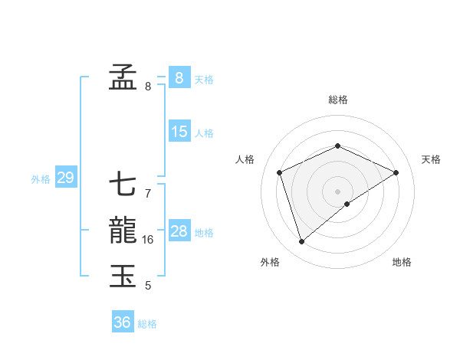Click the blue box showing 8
point(179,77)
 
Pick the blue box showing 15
point(179,132)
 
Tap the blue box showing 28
point(179,231)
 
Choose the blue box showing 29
point(65,178)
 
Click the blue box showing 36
point(122,322)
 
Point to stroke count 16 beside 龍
point(148,240)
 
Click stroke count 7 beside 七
point(147,194)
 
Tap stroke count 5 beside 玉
point(147,286)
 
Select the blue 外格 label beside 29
point(41,179)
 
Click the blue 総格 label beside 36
point(147,324)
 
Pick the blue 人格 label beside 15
point(204,133)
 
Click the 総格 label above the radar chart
point(338,100)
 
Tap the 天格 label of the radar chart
point(431,159)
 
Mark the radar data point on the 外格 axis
point(301,242)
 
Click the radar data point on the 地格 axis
point(347,204)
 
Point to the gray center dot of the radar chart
point(338,191)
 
